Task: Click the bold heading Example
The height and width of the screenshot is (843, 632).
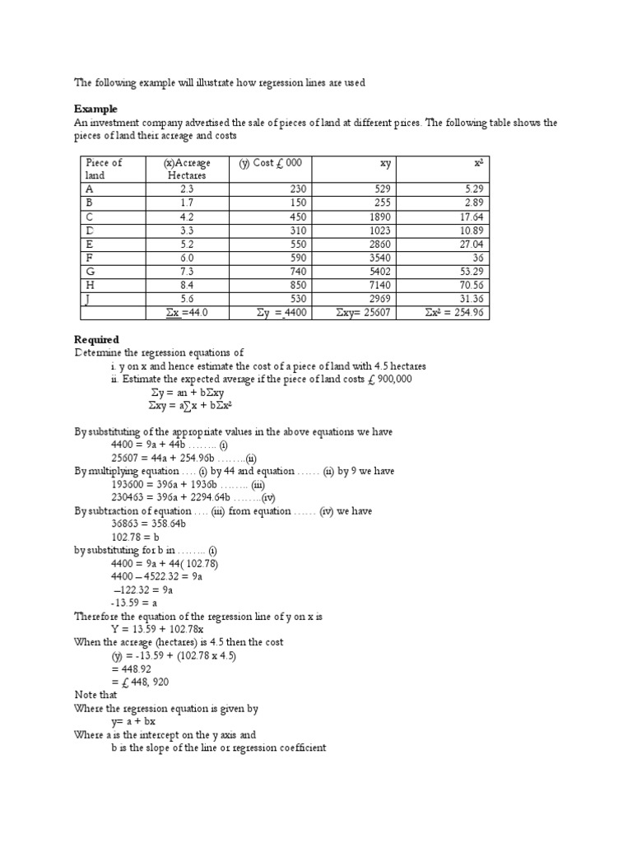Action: click(95, 109)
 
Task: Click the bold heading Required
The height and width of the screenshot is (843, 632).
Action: click(96, 339)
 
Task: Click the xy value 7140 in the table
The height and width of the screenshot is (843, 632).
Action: click(378, 285)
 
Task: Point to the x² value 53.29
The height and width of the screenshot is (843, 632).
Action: click(470, 272)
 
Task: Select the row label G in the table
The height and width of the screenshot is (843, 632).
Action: click(90, 272)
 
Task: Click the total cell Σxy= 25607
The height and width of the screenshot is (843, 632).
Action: click(364, 313)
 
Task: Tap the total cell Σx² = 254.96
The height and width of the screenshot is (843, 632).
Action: click(455, 313)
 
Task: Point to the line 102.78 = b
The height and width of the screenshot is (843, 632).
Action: click(136, 537)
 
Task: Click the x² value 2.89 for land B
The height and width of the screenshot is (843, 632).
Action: click(473, 203)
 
